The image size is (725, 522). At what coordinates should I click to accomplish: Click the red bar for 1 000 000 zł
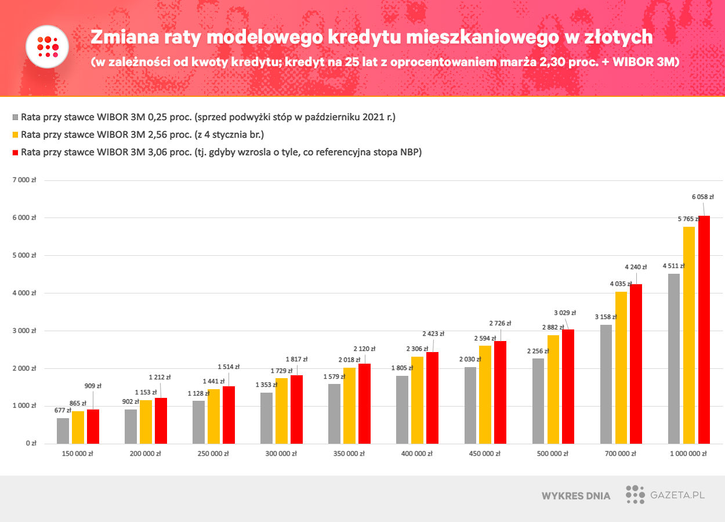[704, 329]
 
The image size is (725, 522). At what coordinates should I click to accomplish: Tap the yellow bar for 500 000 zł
[553, 389]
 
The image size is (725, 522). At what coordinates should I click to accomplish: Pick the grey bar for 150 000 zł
[63, 430]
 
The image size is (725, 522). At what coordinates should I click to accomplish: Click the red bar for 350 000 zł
[364, 404]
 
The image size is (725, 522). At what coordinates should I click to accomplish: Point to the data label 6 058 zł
[702, 197]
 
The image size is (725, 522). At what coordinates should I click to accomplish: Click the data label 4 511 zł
[673, 266]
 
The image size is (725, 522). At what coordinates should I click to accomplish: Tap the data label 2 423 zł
[433, 333]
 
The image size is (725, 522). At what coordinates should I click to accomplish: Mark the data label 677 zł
[63, 411]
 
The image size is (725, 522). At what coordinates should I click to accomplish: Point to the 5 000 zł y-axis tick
[24, 255]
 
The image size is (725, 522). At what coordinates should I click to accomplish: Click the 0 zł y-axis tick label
[30, 444]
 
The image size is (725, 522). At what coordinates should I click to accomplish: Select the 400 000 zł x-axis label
[416, 454]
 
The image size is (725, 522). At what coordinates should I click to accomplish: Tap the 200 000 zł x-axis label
[146, 454]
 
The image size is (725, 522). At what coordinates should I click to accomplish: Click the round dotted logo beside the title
[48, 46]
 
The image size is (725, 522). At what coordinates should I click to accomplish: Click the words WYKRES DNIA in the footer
[575, 496]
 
